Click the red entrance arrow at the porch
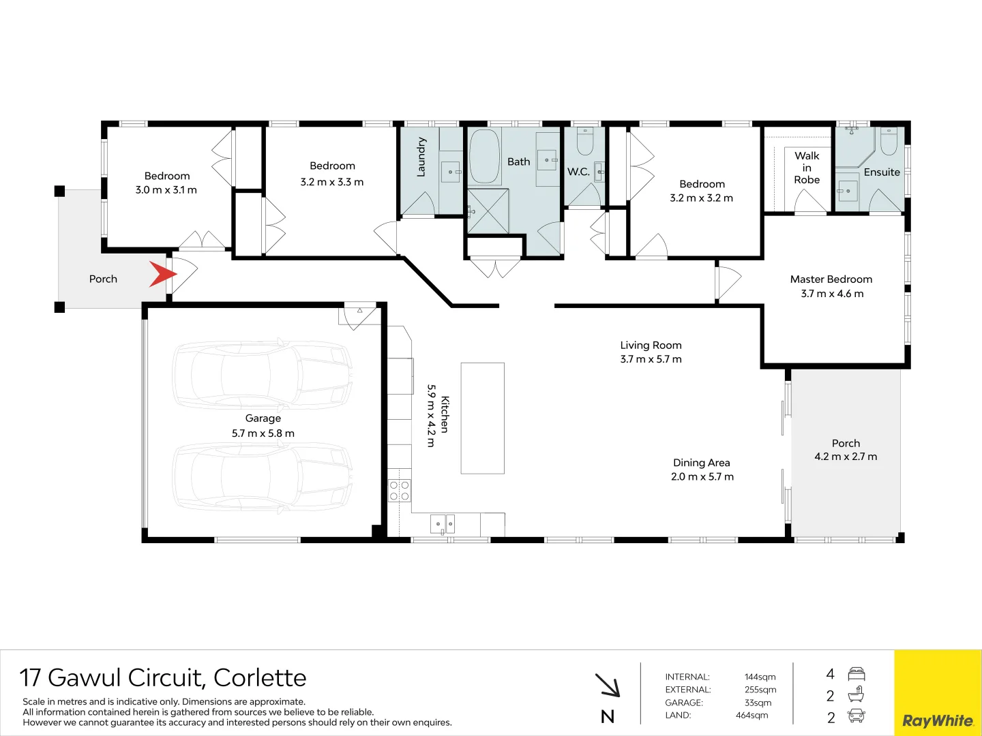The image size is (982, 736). [x=162, y=275]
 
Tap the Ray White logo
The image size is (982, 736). [x=938, y=720]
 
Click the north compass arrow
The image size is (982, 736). [x=608, y=686]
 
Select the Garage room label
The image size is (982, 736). [x=263, y=418]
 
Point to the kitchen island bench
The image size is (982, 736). [x=482, y=418]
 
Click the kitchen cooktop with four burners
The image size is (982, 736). [x=400, y=491]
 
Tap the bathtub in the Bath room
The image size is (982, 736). [x=484, y=157]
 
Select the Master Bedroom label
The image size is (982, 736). [x=831, y=279]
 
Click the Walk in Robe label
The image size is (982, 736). [x=807, y=168]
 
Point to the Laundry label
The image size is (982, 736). [x=421, y=157]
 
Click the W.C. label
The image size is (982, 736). [x=578, y=172]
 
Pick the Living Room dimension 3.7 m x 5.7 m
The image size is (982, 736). [x=651, y=359]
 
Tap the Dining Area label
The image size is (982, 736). [x=701, y=463]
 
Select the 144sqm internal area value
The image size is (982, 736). [x=760, y=677]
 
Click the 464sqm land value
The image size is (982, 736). [x=752, y=715]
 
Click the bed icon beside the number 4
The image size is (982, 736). [x=856, y=674]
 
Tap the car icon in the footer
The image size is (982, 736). [x=856, y=716]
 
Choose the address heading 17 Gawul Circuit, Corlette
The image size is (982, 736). [x=163, y=677]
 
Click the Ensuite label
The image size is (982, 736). [x=882, y=172]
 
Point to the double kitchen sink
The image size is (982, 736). [x=443, y=524]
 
